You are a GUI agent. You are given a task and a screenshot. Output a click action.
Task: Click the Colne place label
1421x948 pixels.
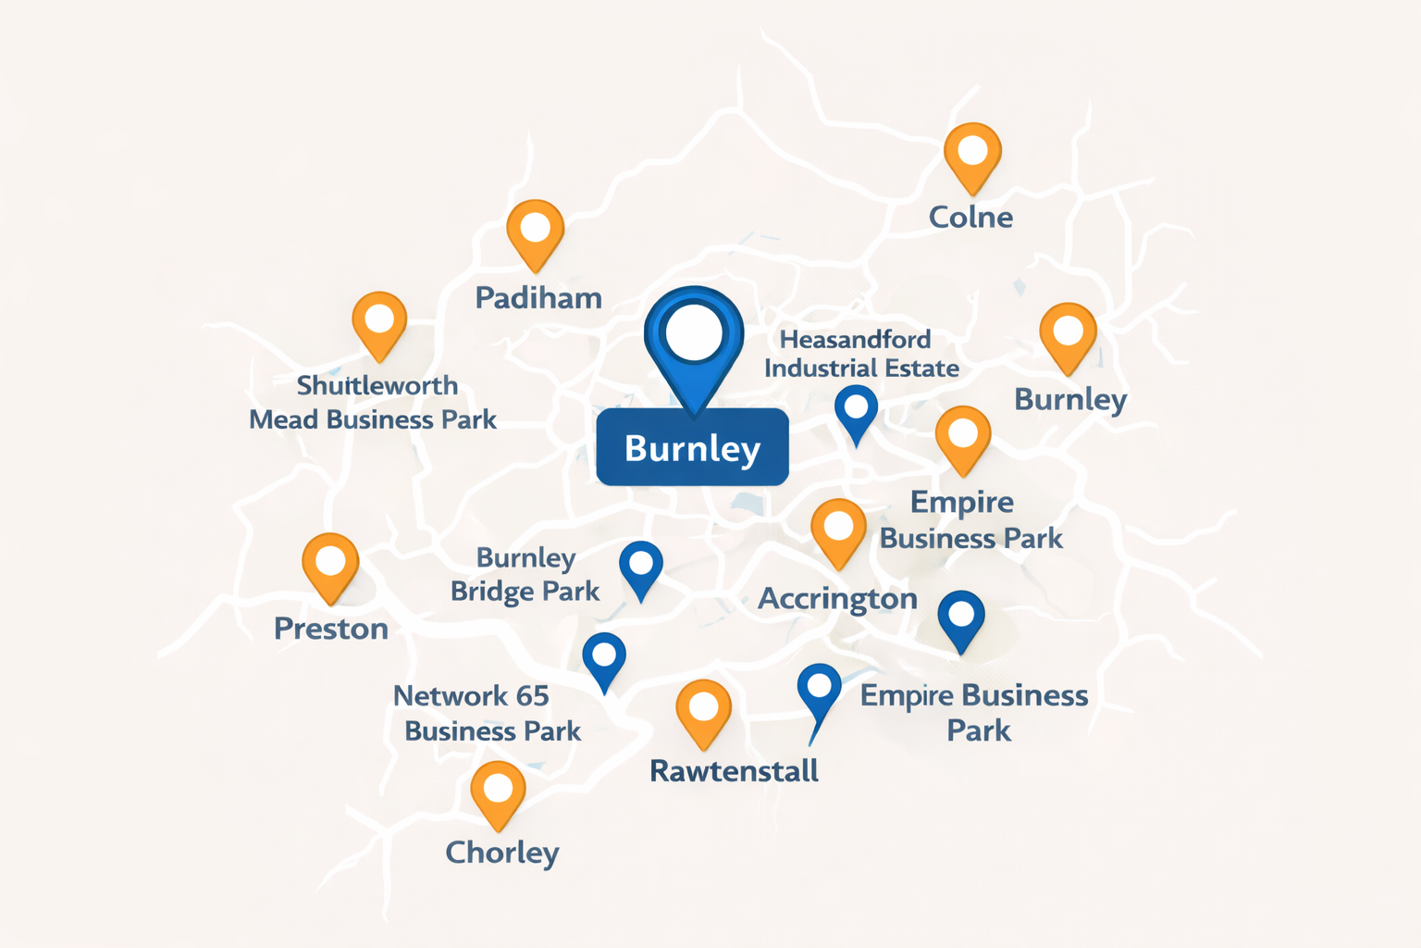970,218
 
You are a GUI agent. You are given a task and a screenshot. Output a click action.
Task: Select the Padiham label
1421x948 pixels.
538,298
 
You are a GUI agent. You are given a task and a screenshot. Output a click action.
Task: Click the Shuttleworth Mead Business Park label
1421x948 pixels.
374,403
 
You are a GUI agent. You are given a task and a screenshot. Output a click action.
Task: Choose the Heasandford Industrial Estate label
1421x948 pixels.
860,354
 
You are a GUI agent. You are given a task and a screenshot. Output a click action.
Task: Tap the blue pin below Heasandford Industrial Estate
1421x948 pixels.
856,410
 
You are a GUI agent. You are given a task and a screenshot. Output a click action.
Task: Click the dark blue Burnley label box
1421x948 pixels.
692,448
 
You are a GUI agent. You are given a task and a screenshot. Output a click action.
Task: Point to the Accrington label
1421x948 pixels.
837,599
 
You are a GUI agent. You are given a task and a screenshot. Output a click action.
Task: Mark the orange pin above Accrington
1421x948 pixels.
838,530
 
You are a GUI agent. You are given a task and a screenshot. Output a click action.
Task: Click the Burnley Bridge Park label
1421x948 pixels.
525,574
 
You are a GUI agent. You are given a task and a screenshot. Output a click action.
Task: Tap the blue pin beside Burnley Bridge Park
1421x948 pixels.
641,566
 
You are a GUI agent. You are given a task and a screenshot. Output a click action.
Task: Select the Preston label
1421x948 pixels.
331,630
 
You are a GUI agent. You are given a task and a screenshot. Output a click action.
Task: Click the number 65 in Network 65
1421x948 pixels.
533,696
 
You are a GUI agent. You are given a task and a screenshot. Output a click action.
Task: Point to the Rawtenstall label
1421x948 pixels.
734,771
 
